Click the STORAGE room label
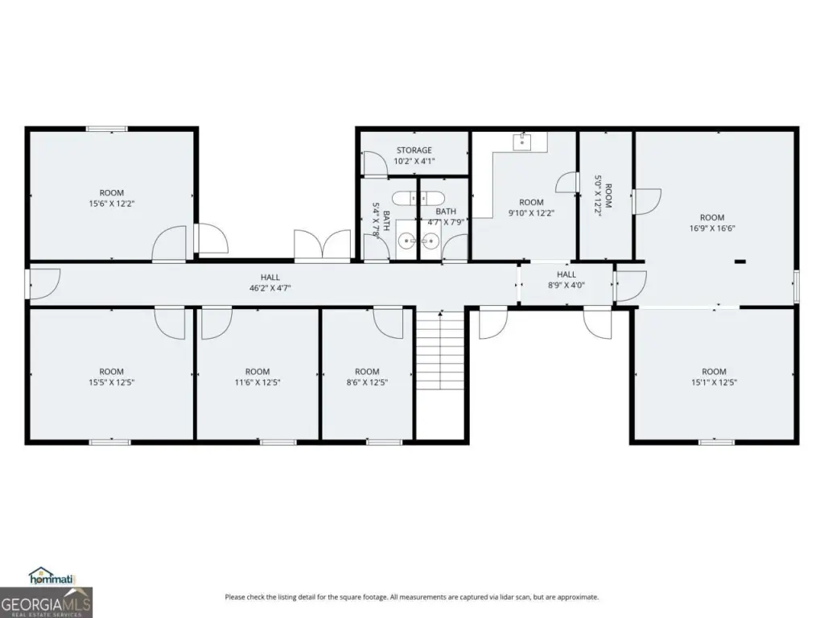[414, 150]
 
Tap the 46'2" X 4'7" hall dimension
[270, 288]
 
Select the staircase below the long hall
[440, 350]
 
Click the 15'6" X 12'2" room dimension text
[111, 204]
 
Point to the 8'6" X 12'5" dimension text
[367, 382]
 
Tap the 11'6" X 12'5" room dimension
[257, 382]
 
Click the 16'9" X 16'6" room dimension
[712, 228]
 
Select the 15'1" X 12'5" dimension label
[714, 382]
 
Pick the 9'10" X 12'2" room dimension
[531, 212]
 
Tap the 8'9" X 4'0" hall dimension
[566, 286]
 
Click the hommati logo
[51, 576]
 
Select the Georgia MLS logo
[46, 602]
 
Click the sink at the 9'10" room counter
[522, 141]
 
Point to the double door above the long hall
[322, 245]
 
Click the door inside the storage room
[375, 163]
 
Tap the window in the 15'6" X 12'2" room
[107, 129]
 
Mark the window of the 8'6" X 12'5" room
[384, 443]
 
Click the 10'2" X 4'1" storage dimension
[414, 161]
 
